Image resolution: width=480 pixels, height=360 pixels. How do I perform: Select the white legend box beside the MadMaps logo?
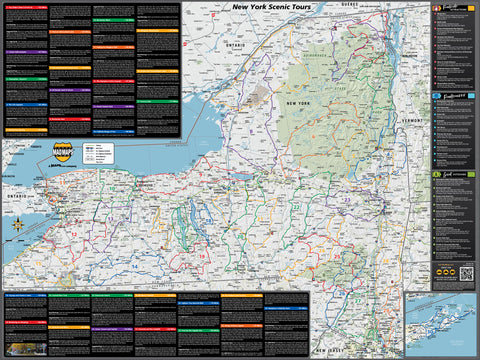tap(96, 154)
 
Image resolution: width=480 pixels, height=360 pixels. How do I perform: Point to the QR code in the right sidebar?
tap(466, 273)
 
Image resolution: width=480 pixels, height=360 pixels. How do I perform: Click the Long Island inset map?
tap(441, 324)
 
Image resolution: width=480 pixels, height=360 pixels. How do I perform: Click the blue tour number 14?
tap(135, 268)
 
